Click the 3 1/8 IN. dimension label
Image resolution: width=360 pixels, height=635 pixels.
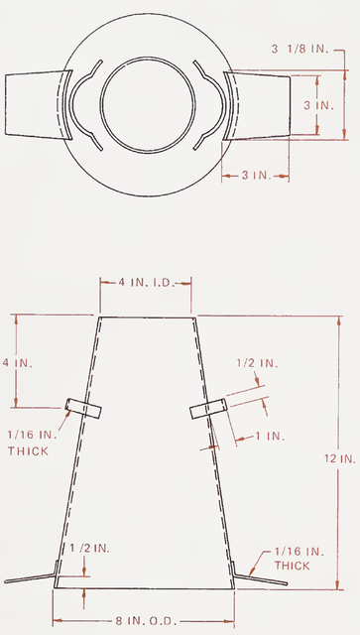click(x=302, y=48)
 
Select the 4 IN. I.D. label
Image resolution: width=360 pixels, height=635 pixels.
click(x=148, y=282)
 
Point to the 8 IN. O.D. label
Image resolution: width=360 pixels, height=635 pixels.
click(x=146, y=620)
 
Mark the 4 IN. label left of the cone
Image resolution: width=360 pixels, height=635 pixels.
click(x=18, y=363)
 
